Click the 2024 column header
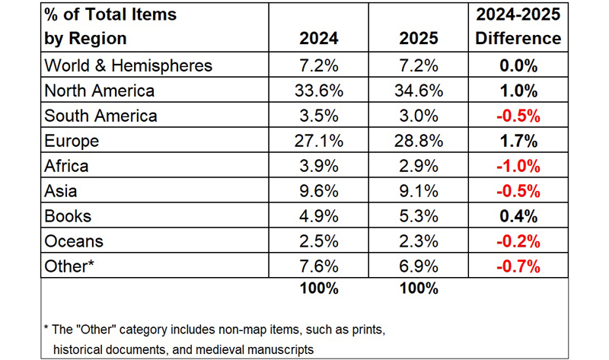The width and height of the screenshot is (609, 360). pyautogui.click(x=317, y=38)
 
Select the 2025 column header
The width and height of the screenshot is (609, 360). pyautogui.click(x=417, y=38)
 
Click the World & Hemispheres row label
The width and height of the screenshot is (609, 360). pyautogui.click(x=129, y=65)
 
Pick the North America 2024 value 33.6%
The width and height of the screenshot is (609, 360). pyautogui.click(x=318, y=91)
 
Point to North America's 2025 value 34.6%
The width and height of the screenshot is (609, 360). pyautogui.click(x=417, y=91)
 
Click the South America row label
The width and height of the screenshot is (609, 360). pyautogui.click(x=101, y=116)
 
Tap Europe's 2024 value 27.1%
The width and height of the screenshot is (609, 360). pyautogui.click(x=318, y=141)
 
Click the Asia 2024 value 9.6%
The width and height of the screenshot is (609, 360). pyautogui.click(x=318, y=191)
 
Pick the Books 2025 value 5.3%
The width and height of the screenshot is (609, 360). pyautogui.click(x=417, y=216)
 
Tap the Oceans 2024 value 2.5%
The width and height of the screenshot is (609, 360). pyautogui.click(x=318, y=241)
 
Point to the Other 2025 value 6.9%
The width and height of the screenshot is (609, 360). pyautogui.click(x=417, y=266)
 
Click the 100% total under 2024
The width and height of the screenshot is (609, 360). pyautogui.click(x=318, y=289)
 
